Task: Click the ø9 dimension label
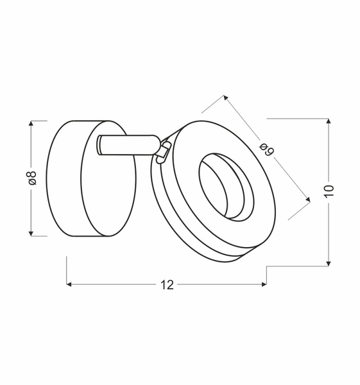click(267, 149)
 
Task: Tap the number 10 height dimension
click(329, 191)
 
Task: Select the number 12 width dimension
click(166, 285)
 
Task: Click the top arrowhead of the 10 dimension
click(329, 123)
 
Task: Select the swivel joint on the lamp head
click(164, 150)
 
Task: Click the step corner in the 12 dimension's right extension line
click(267, 264)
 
